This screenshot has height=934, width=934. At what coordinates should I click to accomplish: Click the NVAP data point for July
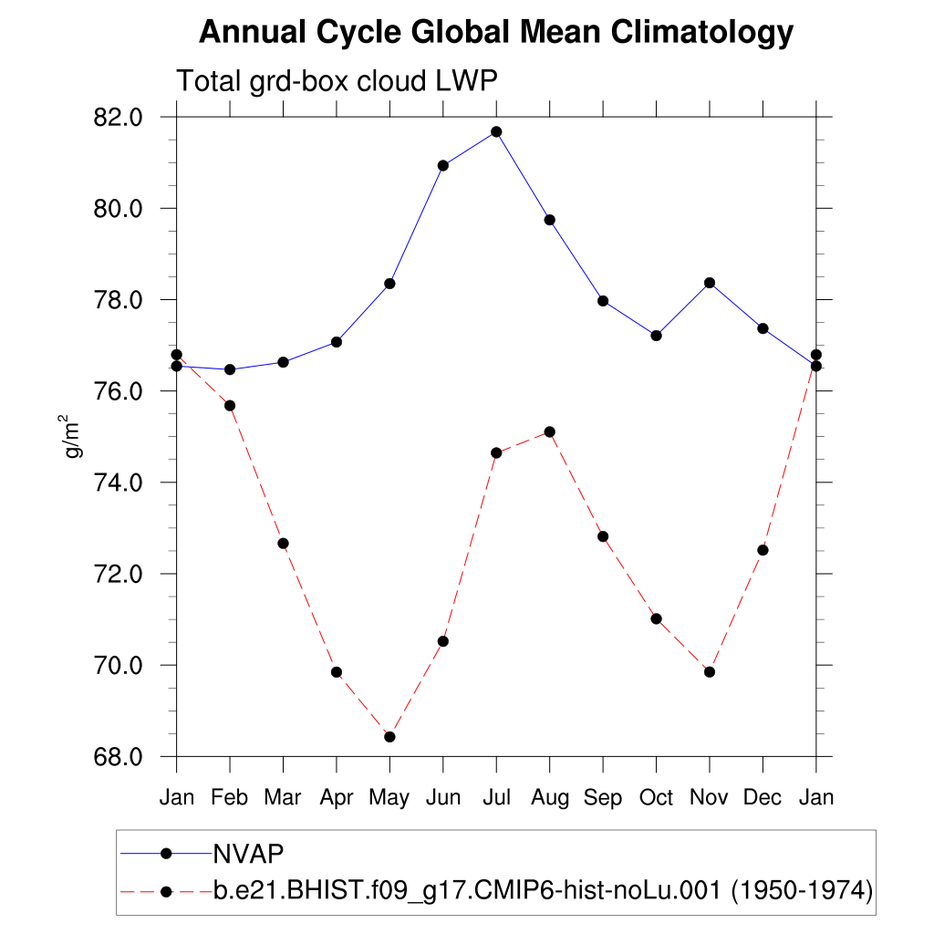click(x=496, y=131)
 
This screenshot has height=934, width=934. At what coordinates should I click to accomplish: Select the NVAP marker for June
click(x=443, y=165)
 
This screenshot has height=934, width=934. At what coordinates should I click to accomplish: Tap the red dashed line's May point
click(x=389, y=736)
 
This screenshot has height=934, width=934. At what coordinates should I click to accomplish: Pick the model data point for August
click(x=549, y=431)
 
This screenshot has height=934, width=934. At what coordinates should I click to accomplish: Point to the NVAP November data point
click(x=709, y=283)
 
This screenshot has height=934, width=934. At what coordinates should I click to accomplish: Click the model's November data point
click(x=709, y=671)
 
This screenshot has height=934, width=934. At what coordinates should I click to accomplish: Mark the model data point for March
click(x=283, y=543)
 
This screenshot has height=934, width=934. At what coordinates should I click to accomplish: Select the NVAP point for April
click(x=337, y=341)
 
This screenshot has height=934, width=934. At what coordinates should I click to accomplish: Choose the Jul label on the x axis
click(x=496, y=798)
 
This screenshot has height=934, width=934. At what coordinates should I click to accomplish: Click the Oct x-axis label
click(x=656, y=798)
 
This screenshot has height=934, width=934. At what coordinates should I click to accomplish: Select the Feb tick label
click(x=230, y=798)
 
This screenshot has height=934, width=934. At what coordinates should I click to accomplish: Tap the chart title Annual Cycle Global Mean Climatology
click(x=496, y=33)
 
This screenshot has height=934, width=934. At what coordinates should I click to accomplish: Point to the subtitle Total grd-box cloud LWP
click(x=337, y=81)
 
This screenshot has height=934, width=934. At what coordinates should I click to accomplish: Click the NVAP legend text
click(x=248, y=853)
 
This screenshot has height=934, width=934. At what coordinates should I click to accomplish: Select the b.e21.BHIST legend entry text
click(x=543, y=889)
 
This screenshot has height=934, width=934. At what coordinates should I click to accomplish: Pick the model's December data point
click(x=763, y=549)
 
